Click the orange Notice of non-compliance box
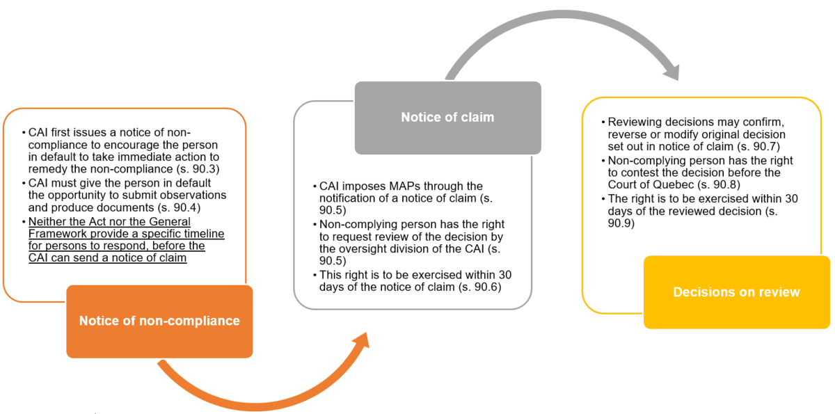(159, 321)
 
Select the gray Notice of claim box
(447, 118)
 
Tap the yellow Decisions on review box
(736, 292)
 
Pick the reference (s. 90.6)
(477, 287)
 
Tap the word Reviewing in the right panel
(636, 122)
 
